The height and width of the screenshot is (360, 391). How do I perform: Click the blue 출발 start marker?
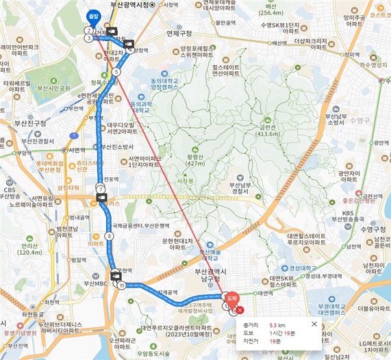[x=93, y=16]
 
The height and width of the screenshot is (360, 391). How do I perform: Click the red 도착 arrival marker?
[x=230, y=298]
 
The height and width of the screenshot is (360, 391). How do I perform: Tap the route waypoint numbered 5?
[x=116, y=71]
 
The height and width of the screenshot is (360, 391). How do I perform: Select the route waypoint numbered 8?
[x=109, y=237]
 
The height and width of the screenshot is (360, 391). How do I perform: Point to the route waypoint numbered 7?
[x=101, y=188]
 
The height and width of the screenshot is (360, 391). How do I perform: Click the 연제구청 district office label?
[x=179, y=33]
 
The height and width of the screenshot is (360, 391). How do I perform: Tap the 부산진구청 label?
[x=31, y=123]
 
